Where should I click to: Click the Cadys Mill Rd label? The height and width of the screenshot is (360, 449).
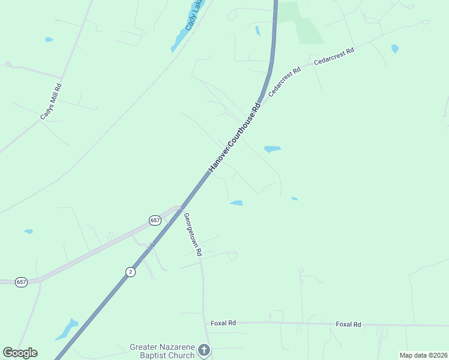(x=51, y=102)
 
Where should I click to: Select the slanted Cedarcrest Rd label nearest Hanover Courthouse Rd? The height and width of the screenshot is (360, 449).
(x=284, y=82)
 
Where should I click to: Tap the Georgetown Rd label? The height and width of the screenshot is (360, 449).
(x=192, y=235)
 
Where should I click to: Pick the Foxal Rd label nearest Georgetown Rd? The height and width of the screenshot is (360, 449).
(x=223, y=323)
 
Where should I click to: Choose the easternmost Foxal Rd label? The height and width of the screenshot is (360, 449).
(x=348, y=325)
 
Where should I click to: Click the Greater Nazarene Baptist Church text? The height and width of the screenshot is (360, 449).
(x=162, y=351)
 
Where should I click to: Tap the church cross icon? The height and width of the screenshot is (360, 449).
(x=204, y=350)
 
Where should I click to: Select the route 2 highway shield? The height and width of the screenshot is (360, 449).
(x=130, y=272)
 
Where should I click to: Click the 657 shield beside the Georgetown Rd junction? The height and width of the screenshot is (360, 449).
(x=155, y=220)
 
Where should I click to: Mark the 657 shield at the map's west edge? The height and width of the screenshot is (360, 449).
(x=21, y=281)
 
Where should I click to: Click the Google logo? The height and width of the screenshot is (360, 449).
(x=20, y=353)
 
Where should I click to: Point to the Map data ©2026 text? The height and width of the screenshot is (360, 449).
(x=423, y=355)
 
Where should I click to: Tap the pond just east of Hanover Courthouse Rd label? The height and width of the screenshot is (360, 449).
(x=272, y=149)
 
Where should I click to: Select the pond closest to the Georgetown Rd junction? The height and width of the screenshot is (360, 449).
(x=237, y=203)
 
